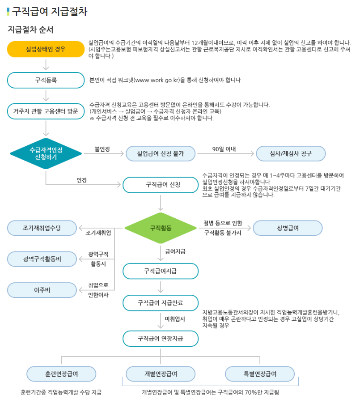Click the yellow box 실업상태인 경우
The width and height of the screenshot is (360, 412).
(x=46, y=49)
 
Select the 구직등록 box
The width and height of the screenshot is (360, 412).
(x=46, y=80)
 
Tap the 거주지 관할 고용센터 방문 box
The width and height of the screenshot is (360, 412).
(x=46, y=111)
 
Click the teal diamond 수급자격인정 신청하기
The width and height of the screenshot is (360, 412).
(x=46, y=153)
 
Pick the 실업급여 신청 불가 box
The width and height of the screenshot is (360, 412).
(x=161, y=153)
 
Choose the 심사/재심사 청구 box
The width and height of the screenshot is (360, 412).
(x=291, y=153)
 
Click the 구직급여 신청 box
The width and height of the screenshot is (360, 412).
(x=161, y=185)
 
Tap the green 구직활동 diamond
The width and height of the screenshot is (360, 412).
(x=161, y=228)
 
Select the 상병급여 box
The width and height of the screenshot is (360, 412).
(x=288, y=228)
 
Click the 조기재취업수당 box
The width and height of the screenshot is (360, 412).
(x=42, y=228)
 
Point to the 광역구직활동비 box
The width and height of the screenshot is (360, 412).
(x=42, y=259)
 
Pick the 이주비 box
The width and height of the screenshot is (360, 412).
(x=42, y=290)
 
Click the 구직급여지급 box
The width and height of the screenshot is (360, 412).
(x=161, y=271)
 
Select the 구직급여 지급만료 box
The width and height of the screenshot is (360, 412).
(x=161, y=303)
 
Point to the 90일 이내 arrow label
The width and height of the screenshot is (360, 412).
(x=224, y=149)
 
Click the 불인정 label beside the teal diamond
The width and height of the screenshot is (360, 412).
(x=102, y=149)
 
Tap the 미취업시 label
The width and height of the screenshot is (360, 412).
(x=175, y=319)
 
